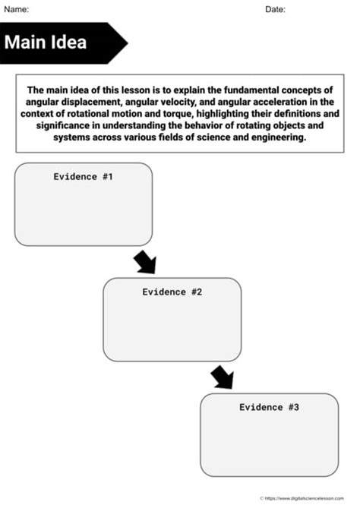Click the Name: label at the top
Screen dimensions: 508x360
tap(17, 9)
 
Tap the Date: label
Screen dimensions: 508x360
tap(275, 9)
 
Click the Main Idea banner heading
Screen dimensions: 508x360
tap(46, 42)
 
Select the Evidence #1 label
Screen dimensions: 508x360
tap(83, 176)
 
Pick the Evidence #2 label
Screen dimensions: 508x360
tap(172, 292)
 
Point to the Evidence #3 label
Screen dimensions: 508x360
tap(269, 407)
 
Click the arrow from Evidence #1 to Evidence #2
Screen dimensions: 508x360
tap(144, 262)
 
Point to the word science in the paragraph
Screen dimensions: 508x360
tap(208, 138)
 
